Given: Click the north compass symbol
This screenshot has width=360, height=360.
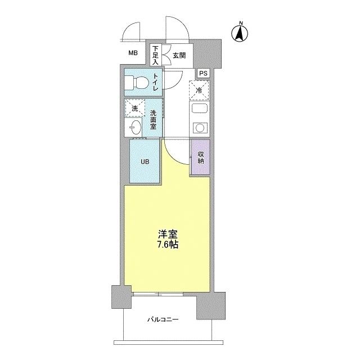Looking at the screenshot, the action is [x=240, y=33].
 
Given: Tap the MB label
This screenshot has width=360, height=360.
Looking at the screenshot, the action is [x=133, y=53].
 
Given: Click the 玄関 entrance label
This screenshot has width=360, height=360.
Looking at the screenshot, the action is [x=179, y=56].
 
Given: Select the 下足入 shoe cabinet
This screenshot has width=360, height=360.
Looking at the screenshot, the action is [x=156, y=55].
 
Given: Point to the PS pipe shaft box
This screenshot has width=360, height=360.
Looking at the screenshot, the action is [x=203, y=74].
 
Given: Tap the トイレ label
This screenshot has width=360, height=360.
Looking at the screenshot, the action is [x=156, y=82].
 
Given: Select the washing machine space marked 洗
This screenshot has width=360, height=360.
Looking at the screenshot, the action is [x=135, y=109].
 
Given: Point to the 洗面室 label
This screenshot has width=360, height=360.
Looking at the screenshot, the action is [x=153, y=120].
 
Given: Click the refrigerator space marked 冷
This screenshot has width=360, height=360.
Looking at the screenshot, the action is [x=199, y=91].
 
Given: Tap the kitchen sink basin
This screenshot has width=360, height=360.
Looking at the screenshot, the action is [x=200, y=108].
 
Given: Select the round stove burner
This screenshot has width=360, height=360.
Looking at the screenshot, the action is [x=200, y=128].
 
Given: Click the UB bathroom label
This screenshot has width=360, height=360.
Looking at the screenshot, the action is [x=145, y=161].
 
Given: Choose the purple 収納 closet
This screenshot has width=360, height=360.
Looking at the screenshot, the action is [x=201, y=157].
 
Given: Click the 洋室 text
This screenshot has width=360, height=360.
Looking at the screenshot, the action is [x=168, y=234].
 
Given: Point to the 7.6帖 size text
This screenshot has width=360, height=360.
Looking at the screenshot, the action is [x=168, y=245].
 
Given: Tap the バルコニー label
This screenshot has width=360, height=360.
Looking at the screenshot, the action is [x=163, y=319].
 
